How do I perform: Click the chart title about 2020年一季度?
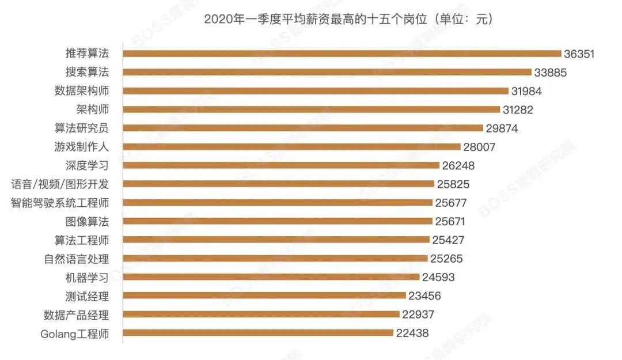348,20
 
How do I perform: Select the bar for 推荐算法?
342,54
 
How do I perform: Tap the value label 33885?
551,73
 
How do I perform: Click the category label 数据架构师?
81,91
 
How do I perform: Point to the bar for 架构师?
312,109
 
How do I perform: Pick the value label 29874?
502,128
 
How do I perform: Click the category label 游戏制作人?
81,147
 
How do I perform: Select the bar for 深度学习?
281,165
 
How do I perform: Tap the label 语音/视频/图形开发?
60,184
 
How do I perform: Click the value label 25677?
450,203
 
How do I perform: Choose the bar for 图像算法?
278,221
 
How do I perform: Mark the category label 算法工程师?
81,240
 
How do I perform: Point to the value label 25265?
446,259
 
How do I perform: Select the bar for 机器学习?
271,277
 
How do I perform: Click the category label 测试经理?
87,296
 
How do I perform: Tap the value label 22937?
418,314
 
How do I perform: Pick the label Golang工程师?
75,334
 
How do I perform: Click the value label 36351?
581,54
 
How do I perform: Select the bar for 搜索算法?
327,72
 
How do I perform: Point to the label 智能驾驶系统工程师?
60,203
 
